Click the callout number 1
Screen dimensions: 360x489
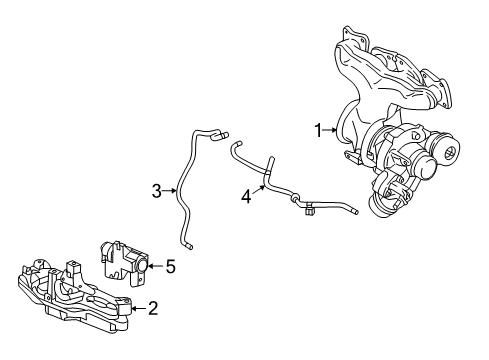[x=319, y=130]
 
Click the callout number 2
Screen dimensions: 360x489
[x=152, y=309]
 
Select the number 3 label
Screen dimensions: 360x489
[x=157, y=190]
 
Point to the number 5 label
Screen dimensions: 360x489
[x=170, y=267]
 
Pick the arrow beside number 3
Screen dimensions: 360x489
[x=171, y=190]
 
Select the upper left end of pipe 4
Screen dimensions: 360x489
[x=236, y=146]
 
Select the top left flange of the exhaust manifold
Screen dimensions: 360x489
[x=347, y=41]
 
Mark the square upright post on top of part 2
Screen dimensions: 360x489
[x=74, y=268]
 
